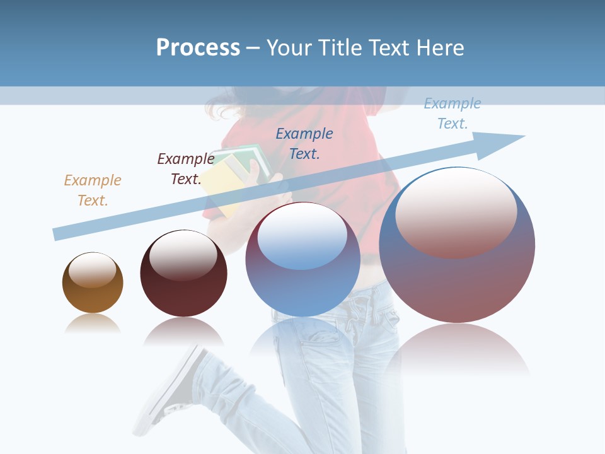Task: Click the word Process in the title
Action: click(198, 48)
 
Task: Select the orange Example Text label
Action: click(93, 190)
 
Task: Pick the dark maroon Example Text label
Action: click(186, 169)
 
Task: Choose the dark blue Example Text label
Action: click(304, 143)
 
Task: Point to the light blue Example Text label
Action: click(452, 113)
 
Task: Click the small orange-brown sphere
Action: click(93, 293)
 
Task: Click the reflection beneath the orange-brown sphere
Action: click(93, 325)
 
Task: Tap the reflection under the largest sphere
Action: click(457, 350)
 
